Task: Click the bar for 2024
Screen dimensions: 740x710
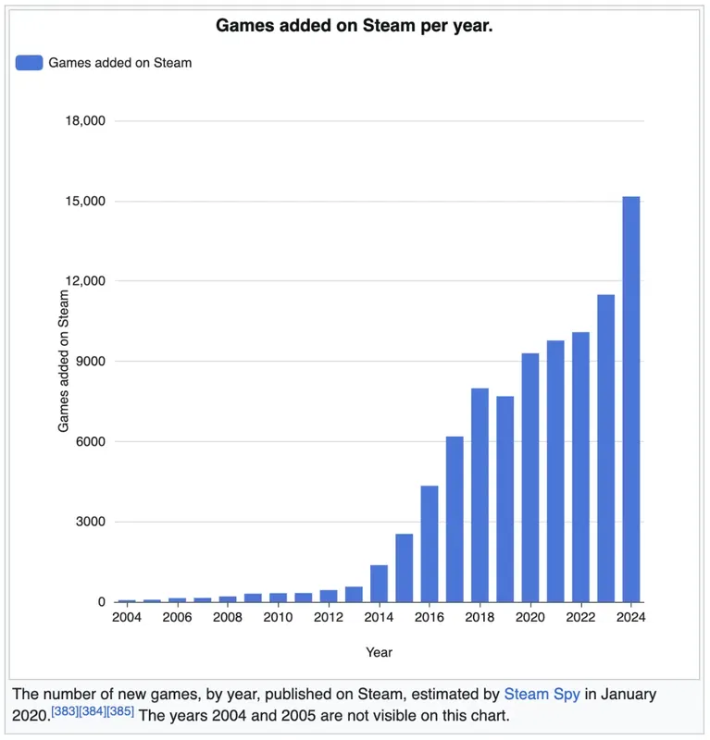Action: [x=630, y=399]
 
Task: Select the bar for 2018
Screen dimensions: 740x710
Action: [x=480, y=495]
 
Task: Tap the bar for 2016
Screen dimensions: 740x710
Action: [x=429, y=544]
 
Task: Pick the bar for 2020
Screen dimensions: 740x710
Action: [x=529, y=477]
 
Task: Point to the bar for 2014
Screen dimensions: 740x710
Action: [x=379, y=583]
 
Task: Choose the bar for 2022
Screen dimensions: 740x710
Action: [x=580, y=466]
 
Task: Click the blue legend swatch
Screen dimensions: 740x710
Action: [x=29, y=63]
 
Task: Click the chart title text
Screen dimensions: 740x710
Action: [x=355, y=26]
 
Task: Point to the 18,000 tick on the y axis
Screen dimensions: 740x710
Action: [x=83, y=121]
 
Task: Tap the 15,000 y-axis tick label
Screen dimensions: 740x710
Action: [x=83, y=202]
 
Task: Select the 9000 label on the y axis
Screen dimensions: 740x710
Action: [x=89, y=362]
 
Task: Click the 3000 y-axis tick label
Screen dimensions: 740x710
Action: [x=89, y=522]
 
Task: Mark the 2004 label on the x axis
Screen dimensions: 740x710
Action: [x=127, y=617]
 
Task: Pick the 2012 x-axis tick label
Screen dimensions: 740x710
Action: [x=329, y=617]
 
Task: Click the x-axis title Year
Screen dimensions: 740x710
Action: [x=379, y=652]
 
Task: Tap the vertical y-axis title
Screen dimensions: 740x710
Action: [x=64, y=361]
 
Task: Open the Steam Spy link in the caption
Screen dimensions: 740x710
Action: [x=542, y=694]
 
